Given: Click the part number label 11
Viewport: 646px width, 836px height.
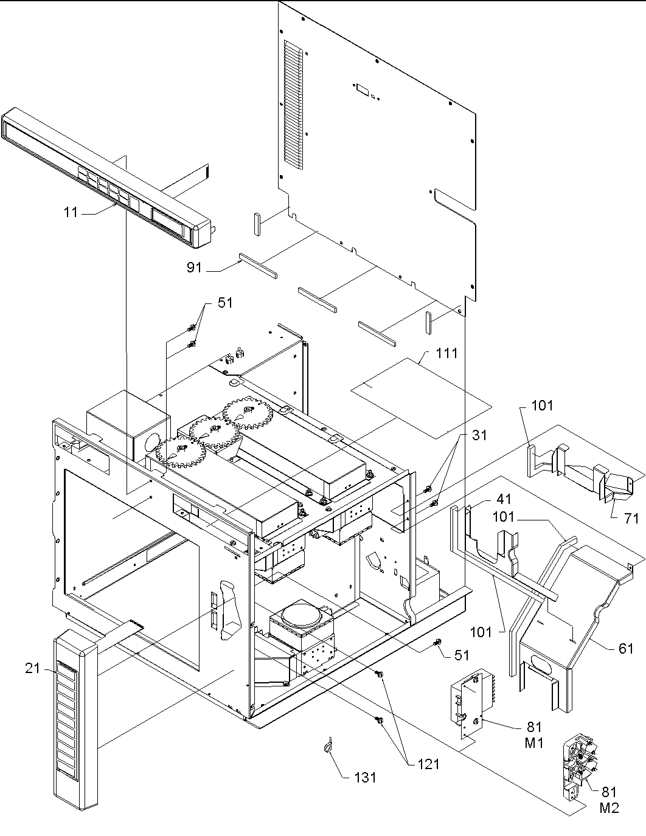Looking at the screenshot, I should coord(71,213).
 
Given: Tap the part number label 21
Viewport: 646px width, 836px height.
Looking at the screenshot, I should coord(32,669).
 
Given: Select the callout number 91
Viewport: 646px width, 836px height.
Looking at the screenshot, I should coord(194,268).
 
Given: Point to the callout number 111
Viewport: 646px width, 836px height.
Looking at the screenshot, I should coord(446,353).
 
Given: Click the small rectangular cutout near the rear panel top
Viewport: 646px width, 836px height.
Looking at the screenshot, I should coord(362,89).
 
